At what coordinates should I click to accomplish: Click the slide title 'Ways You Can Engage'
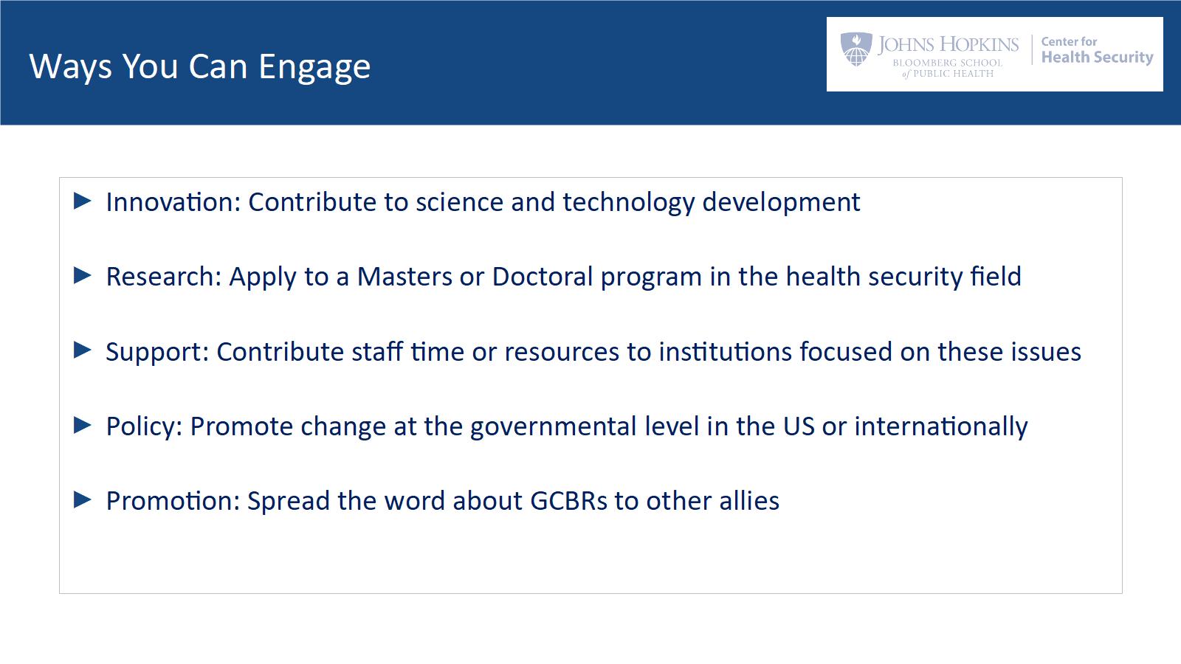tap(200, 67)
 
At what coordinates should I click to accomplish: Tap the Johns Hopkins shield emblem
tap(856, 49)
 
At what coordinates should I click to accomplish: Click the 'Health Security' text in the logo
tap(1097, 58)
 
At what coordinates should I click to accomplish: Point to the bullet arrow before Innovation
tap(83, 201)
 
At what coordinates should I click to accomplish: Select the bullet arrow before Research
tap(83, 275)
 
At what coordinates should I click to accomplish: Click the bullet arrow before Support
tap(83, 350)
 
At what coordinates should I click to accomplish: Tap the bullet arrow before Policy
tap(83, 425)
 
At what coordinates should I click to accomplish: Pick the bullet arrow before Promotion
tap(83, 499)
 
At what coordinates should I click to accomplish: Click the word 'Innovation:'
tap(173, 202)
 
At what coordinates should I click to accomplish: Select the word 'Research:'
tap(164, 277)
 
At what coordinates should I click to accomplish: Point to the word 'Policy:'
tap(144, 427)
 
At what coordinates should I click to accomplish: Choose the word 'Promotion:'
tap(173, 501)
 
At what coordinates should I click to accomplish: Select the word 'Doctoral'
tap(543, 277)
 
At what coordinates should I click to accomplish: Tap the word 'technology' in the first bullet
tap(629, 203)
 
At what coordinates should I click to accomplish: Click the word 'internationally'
tap(941, 427)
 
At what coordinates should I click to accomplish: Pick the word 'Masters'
tap(404, 277)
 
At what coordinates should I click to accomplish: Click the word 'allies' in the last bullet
tap(749, 501)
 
